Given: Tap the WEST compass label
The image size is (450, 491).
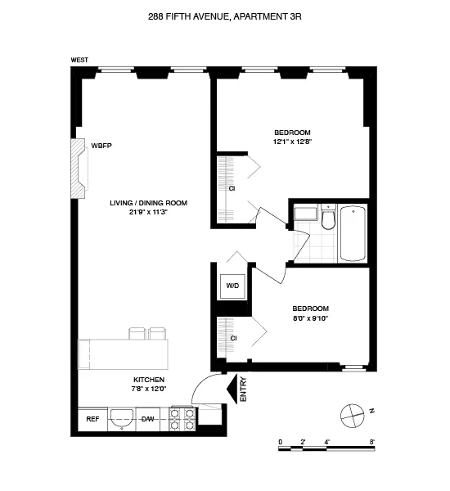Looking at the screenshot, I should pos(79,60).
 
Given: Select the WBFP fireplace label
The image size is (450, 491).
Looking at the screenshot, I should pos(101,145).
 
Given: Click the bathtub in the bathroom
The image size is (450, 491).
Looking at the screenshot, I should pos(353,232).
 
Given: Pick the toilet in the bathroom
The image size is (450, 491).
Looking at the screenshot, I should pos(328,219).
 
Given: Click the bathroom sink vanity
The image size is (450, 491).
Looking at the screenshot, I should pos(305,214).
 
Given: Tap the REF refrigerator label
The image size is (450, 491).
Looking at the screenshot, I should pos(92,419).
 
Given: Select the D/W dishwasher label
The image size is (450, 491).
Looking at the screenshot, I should pos(148,419).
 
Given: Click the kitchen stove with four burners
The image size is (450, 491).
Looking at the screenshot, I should pos(182,419).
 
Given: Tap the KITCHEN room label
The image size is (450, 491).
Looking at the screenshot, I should pos(149,381).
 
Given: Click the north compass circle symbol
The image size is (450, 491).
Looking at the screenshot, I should pos(350,413).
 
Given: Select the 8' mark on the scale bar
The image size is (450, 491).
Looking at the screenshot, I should pos(371,442).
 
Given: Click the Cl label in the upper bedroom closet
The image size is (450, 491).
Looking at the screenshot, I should pos(232,187).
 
